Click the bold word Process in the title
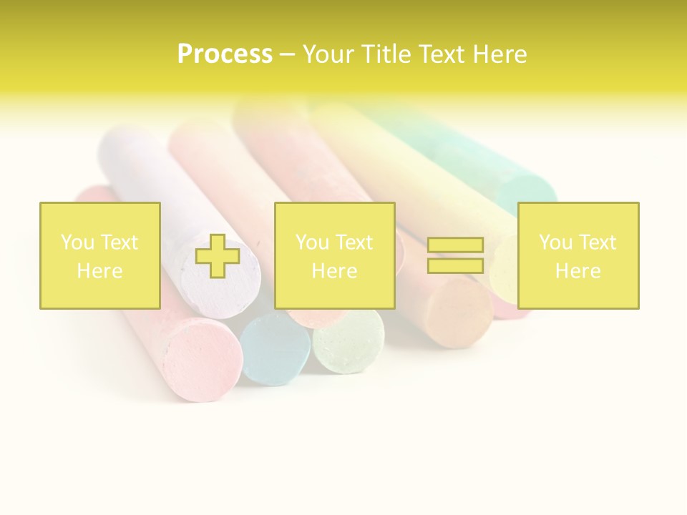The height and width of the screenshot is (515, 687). tap(225, 54)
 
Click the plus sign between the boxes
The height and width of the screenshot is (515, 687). tap(218, 255)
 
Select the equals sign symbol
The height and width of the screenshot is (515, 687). tap(455, 255)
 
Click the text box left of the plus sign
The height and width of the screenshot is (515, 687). tap(99, 255)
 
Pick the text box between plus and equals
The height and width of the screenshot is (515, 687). tap(334, 255)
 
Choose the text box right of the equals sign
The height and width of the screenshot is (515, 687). tap(578, 255)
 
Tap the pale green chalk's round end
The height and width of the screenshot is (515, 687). tap(349, 341)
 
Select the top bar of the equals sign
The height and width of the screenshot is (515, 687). tap(455, 245)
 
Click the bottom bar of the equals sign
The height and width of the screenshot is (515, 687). tap(455, 265)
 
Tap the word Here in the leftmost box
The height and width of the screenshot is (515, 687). tap(99, 271)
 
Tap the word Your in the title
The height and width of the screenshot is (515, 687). tap(329, 54)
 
